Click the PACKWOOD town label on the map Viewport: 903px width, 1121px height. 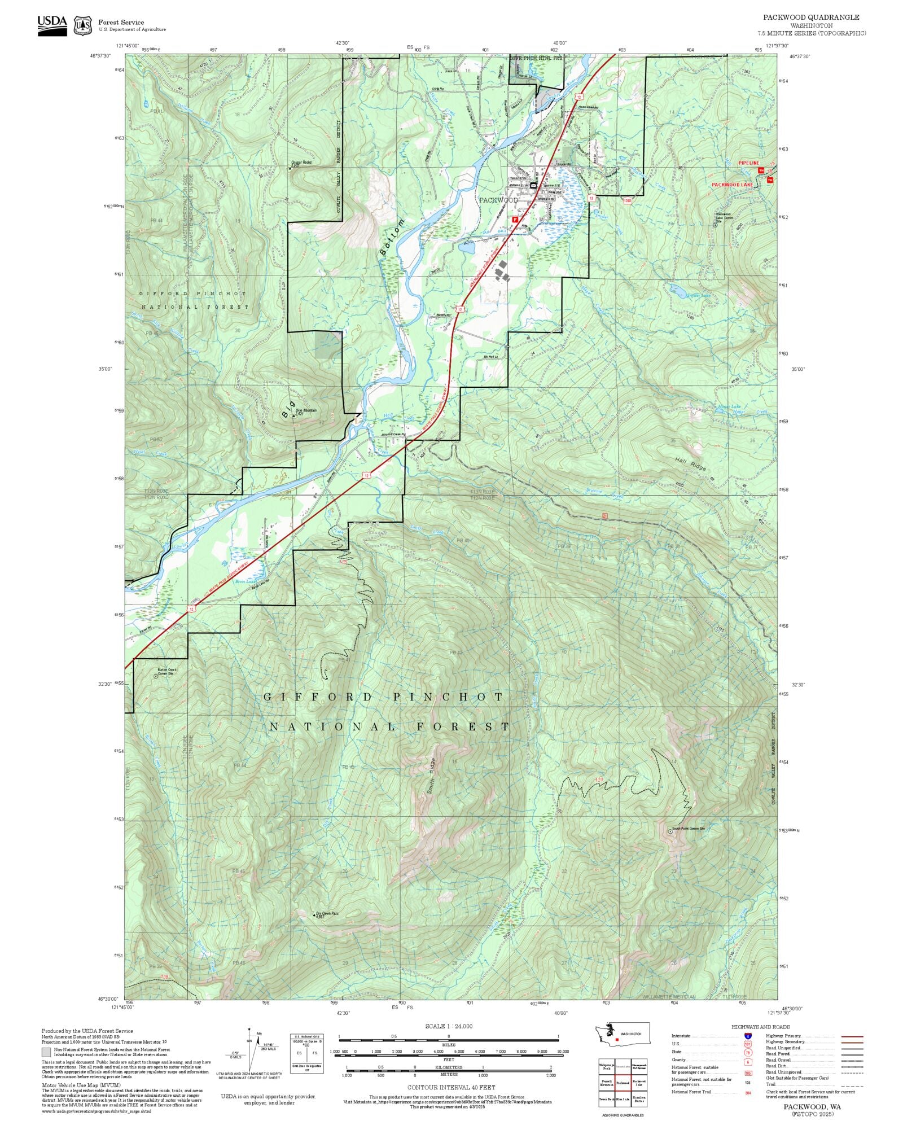498,200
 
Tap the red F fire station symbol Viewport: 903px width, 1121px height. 515,218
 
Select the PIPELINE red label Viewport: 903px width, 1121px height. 748,163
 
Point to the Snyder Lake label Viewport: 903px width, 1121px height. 698,295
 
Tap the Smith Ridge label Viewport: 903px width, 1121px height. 431,777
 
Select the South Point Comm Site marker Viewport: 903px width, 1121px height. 670,831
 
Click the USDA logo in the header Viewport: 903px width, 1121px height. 52,25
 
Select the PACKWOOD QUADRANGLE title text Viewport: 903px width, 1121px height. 811,17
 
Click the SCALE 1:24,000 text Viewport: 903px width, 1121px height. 449,1026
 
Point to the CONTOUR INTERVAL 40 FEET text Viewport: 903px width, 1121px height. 451,1087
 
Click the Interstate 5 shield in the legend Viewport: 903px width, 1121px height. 748,1036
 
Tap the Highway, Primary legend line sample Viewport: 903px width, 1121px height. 852,1036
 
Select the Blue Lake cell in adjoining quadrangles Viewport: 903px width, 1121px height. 623,1099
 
